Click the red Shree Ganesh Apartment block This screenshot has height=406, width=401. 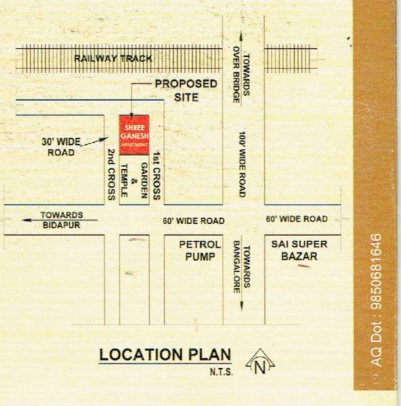click(134, 135)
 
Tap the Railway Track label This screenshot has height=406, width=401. click(114, 59)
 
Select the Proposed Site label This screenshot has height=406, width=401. click(186, 90)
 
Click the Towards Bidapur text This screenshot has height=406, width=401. click(61, 219)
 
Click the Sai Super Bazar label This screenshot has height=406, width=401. click(294, 250)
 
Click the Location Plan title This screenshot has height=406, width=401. click(165, 355)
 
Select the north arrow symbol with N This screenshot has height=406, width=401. click(260, 364)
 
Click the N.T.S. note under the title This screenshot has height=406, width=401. click(218, 371)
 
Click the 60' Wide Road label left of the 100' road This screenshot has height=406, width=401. click(193, 221)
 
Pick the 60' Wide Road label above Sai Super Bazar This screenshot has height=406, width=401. click(296, 219)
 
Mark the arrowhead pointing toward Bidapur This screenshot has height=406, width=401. click(26, 219)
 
